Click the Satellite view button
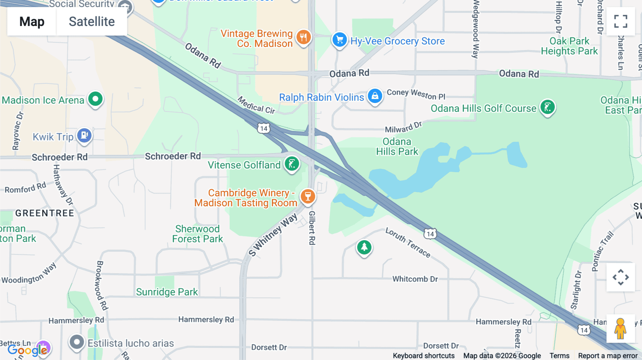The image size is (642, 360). (x=92, y=22)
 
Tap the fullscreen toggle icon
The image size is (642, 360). (x=621, y=21)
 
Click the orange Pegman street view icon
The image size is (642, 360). (x=620, y=328)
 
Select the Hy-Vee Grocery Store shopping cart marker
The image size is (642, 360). (x=339, y=40)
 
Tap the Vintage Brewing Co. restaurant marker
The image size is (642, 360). (x=303, y=37)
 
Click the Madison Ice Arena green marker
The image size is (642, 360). (x=95, y=99)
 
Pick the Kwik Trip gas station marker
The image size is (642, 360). (x=85, y=135)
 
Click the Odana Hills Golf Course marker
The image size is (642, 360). (x=547, y=107)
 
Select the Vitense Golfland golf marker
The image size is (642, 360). (x=292, y=164)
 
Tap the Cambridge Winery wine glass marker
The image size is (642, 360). (x=307, y=196)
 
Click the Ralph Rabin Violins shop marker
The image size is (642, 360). (x=375, y=96)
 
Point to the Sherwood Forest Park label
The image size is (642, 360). (x=198, y=234)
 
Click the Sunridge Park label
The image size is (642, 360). (x=167, y=292)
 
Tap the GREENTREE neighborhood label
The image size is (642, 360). (x=45, y=213)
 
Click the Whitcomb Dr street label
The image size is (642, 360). (x=415, y=279)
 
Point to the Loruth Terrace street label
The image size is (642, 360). (x=408, y=242)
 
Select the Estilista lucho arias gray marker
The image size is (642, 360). (x=77, y=342)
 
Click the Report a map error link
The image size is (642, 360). (x=608, y=356)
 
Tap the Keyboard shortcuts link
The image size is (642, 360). (x=423, y=356)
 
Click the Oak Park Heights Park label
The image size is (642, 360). (x=569, y=46)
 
